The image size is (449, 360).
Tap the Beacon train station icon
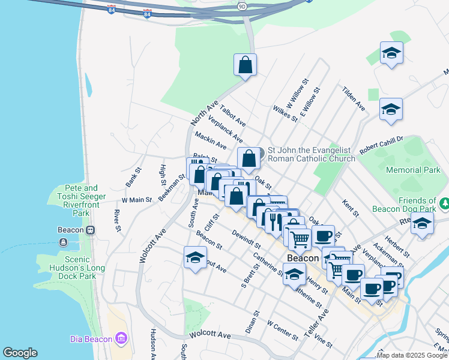click(91, 230)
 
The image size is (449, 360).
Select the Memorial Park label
click(413, 170)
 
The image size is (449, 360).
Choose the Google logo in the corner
click(20, 353)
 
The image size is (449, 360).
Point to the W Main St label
click(137, 199)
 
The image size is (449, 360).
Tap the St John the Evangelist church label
click(312, 154)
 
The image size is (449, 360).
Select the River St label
click(117, 220)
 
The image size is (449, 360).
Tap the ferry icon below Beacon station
click(64, 242)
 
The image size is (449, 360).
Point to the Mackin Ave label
click(210, 142)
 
